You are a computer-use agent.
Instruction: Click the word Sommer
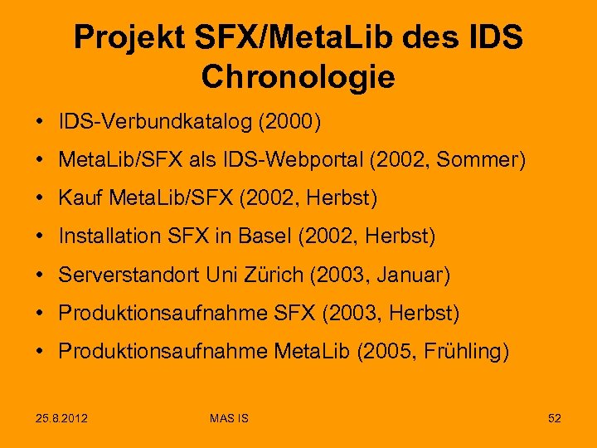(483, 160)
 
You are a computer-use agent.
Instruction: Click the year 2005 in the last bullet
(382, 351)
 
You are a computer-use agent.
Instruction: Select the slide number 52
(554, 418)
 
